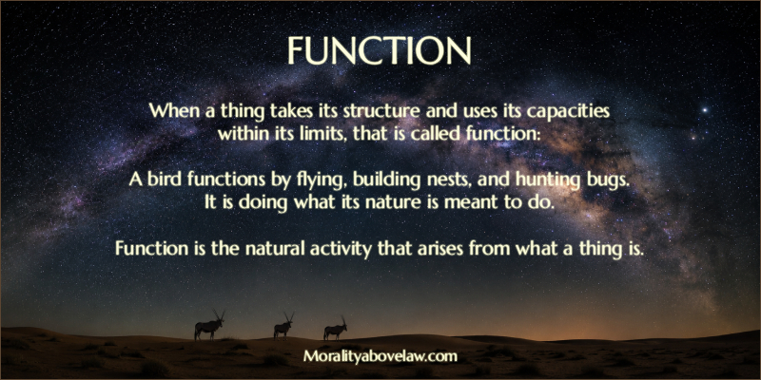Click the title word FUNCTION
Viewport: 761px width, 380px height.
click(379, 50)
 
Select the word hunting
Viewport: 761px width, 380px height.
click(548, 180)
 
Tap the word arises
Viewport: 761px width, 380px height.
click(427, 249)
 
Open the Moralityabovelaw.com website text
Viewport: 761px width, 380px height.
click(380, 357)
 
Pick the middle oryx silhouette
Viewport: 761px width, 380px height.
click(283, 326)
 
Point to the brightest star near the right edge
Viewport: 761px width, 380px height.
click(705, 110)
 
